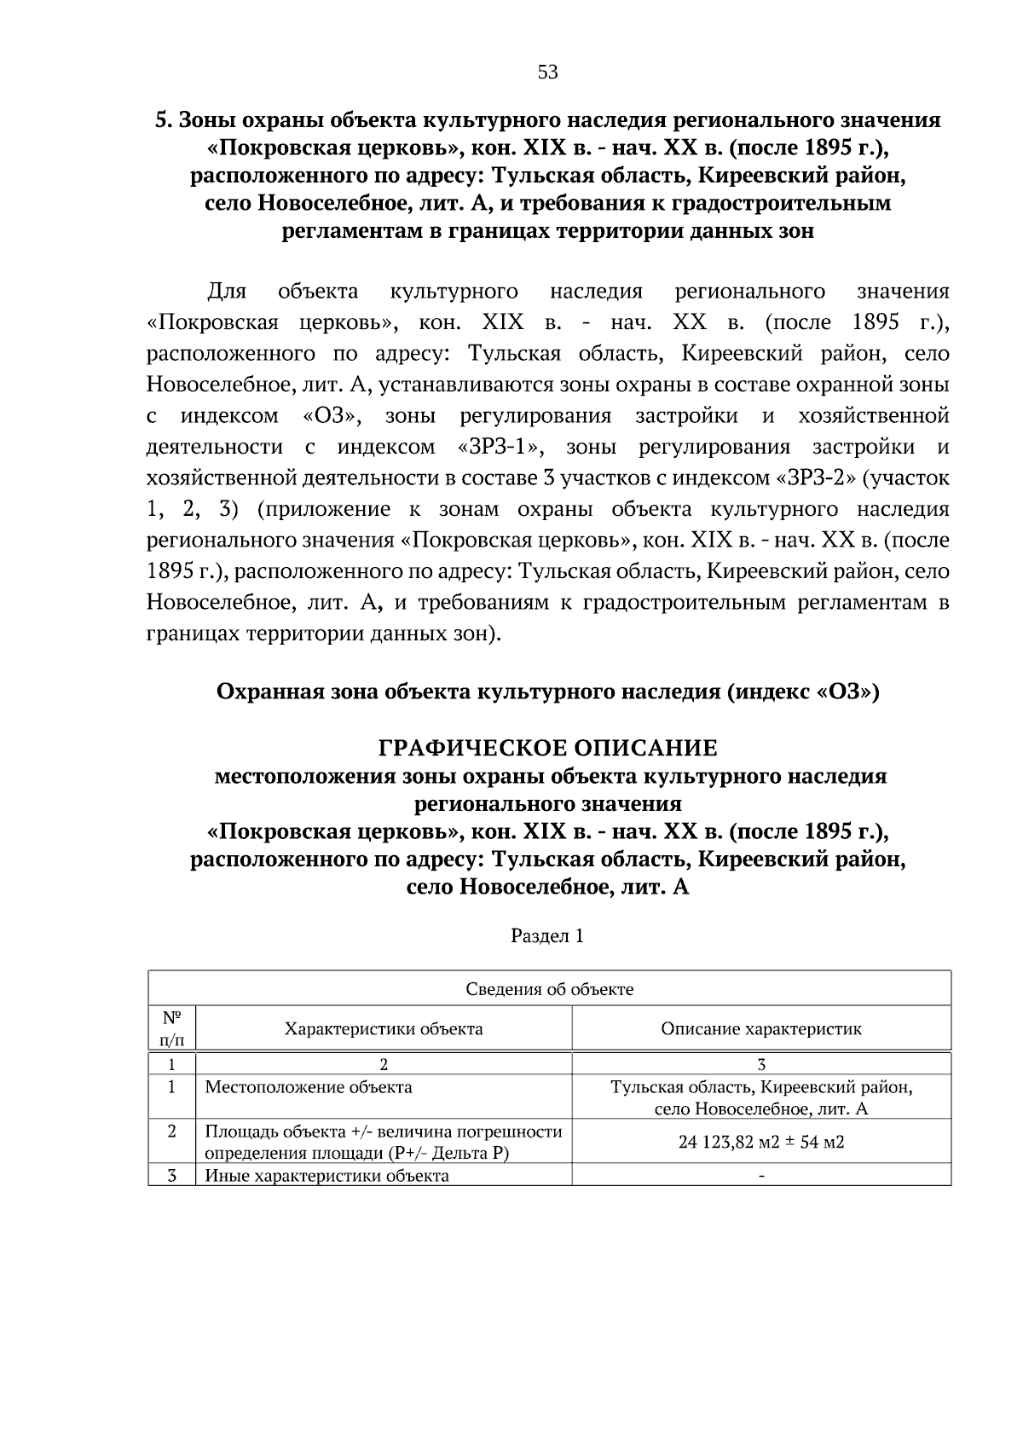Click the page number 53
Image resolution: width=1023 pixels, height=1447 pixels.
[x=547, y=72]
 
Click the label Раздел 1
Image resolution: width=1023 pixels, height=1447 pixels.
[x=547, y=935]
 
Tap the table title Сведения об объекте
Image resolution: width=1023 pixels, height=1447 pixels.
[x=549, y=989]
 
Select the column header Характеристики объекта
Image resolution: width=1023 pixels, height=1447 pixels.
[x=384, y=1028]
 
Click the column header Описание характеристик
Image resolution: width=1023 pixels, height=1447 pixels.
[x=761, y=1028]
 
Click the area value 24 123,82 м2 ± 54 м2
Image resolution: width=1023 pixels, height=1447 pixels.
[x=761, y=1142]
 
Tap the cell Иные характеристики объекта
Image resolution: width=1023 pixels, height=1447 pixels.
[x=327, y=1176]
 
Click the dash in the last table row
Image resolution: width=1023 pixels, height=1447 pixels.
[x=761, y=1177]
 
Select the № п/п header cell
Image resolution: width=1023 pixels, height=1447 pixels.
[x=171, y=1028]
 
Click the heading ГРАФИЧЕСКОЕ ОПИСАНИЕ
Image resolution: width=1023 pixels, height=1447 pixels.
[x=547, y=748]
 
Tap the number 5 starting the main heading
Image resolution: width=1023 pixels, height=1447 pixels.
[x=159, y=120]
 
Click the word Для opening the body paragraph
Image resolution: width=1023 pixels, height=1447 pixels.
[x=227, y=292]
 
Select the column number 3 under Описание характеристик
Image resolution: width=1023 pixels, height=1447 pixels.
[x=761, y=1064]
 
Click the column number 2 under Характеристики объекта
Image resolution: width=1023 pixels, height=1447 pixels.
[x=384, y=1064]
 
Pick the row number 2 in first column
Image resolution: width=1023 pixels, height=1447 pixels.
[x=171, y=1132]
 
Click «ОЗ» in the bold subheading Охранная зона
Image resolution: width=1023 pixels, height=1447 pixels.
[x=847, y=692]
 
